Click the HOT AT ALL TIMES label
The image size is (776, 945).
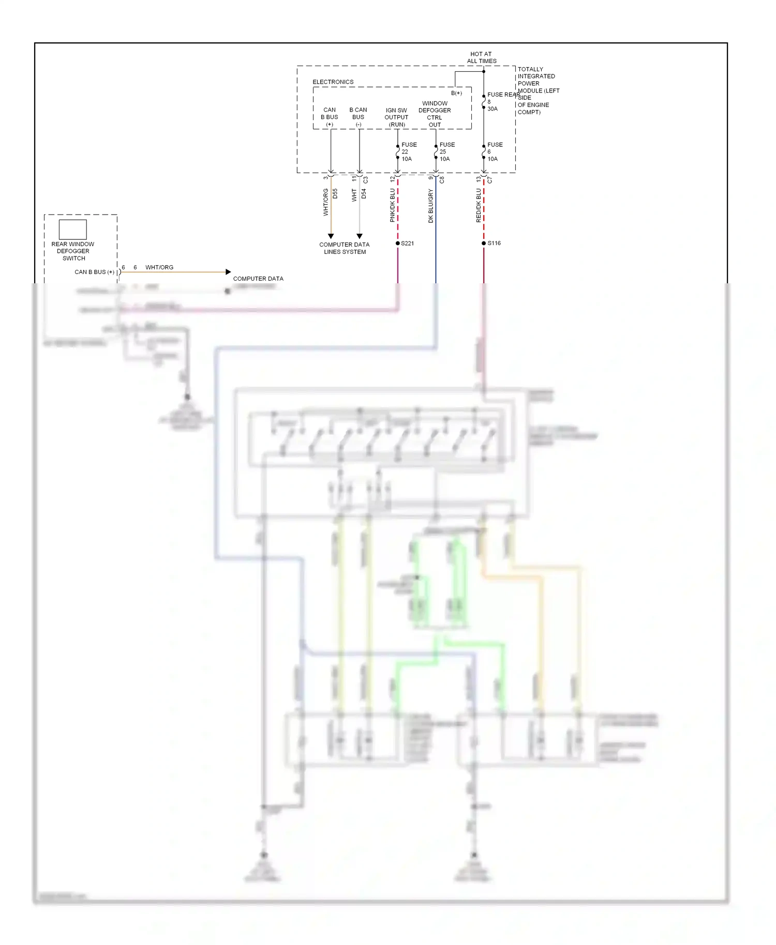(x=481, y=57)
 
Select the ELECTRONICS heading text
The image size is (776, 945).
(x=333, y=82)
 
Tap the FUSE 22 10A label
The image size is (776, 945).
(x=408, y=152)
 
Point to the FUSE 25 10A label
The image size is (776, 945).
(x=446, y=152)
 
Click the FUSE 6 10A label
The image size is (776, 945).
(x=494, y=152)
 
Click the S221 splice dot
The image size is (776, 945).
(x=398, y=243)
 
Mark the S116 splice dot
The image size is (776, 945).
(x=484, y=243)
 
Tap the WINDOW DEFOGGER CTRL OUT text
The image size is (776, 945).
(x=435, y=114)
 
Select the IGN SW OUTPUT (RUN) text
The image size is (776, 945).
(x=396, y=117)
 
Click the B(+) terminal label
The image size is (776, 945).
(x=456, y=93)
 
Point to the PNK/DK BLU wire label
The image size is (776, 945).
(x=392, y=205)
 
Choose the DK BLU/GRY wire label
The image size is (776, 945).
(x=430, y=206)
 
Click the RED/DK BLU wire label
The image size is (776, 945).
(x=478, y=205)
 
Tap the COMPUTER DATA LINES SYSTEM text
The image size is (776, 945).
(x=345, y=248)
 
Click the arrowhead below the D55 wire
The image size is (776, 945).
(x=331, y=236)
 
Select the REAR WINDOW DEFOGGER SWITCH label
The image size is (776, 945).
(x=73, y=251)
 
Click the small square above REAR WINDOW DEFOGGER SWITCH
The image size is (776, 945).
(x=72, y=229)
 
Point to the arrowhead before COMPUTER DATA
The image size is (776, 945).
(x=228, y=272)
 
